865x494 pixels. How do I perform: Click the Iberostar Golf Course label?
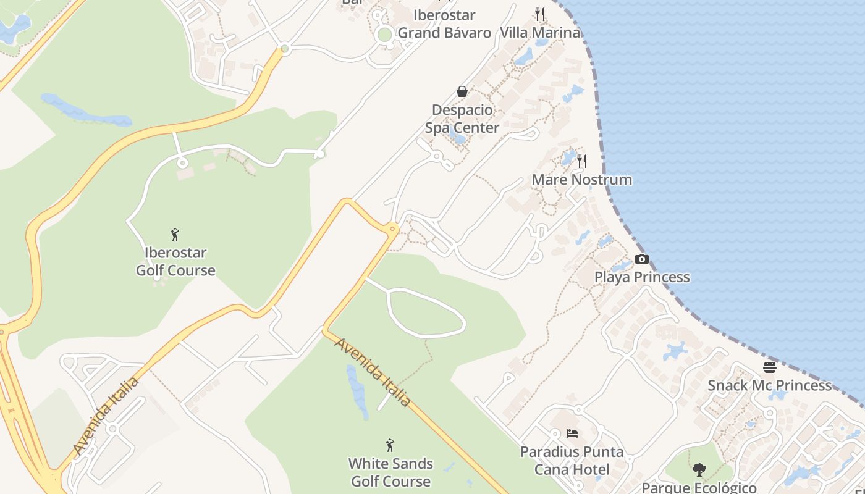175,262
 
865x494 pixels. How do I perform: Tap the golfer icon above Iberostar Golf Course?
175,235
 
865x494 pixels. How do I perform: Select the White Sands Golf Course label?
390,472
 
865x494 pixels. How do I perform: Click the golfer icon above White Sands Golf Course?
390,445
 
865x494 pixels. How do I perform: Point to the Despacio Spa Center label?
462,119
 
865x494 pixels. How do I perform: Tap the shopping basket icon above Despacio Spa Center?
462,92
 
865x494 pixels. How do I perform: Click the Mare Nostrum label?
582,180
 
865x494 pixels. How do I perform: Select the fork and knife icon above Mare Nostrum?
582,161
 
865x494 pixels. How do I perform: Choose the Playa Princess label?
642,277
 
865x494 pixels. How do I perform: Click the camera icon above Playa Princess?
642,259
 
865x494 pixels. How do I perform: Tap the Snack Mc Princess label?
769,385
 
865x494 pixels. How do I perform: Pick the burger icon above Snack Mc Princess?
769,367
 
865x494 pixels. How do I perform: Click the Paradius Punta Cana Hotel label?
572,461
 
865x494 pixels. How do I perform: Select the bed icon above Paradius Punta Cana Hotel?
572,433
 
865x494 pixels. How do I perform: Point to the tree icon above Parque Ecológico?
699,470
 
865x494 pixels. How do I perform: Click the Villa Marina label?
540,32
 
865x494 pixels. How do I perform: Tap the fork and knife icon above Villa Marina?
540,14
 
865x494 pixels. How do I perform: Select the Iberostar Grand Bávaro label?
444,23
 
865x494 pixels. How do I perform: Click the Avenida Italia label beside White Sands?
373,372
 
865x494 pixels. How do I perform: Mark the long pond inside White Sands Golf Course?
357,390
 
